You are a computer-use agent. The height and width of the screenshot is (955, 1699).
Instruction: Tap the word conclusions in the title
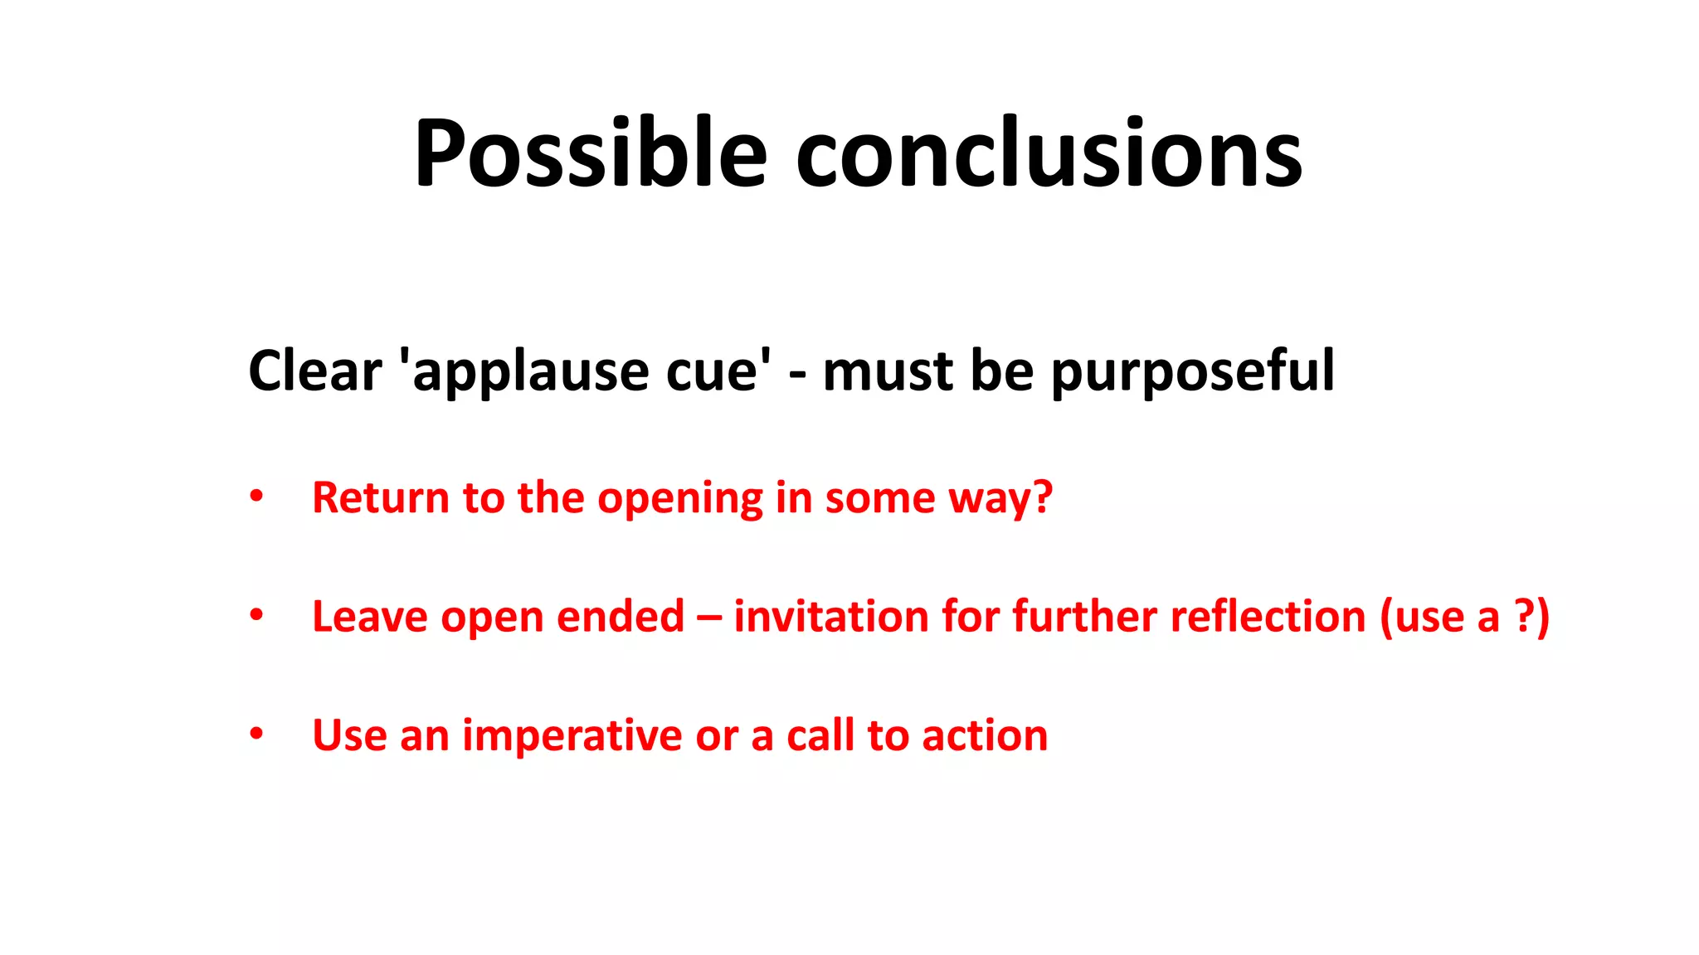[x=1049, y=155]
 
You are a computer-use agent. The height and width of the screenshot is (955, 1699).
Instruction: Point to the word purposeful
[x=1193, y=371]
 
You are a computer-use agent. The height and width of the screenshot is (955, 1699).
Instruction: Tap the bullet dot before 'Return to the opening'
[x=256, y=497]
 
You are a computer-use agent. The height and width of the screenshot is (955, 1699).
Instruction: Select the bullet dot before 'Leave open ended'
[x=256, y=615]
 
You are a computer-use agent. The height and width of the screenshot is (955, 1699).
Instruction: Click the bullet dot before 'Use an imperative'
[x=256, y=734]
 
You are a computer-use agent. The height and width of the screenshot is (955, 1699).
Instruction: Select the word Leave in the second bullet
[x=370, y=617]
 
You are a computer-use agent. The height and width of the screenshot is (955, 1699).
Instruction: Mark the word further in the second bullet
[x=1083, y=617]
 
